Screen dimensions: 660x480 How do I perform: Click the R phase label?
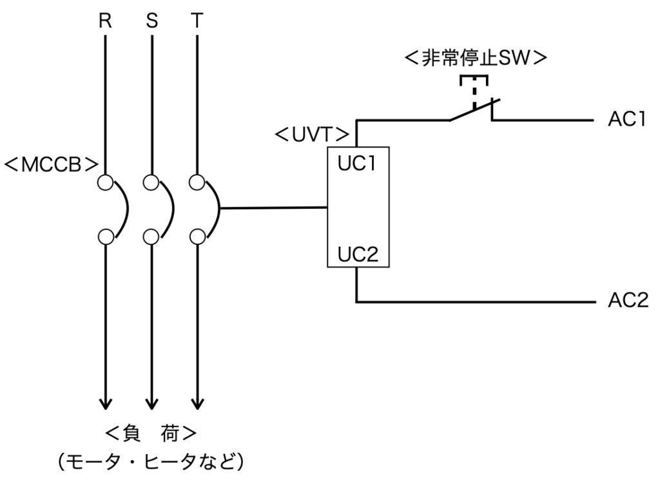click(105, 21)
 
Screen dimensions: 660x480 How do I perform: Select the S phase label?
click(152, 21)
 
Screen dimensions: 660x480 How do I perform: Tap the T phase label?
click(197, 21)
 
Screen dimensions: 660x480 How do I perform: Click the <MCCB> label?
click(51, 166)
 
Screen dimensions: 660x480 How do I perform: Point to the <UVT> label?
click(312, 135)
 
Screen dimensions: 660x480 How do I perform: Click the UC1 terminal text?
click(356, 164)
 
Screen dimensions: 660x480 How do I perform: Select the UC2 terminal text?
click(358, 254)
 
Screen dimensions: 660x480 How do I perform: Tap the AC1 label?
click(626, 119)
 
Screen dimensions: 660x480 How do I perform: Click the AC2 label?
click(628, 300)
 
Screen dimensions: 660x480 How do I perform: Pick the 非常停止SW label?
click(476, 59)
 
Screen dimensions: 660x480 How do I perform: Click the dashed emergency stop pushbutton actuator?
click(474, 90)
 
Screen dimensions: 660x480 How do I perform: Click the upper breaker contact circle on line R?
click(105, 182)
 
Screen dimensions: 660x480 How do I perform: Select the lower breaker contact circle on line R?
click(105, 237)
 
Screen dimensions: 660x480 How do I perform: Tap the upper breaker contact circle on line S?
click(151, 182)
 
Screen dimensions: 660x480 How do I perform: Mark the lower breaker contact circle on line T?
click(197, 237)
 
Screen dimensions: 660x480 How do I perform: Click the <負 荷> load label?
click(150, 434)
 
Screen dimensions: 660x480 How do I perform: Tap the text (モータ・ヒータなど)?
click(151, 461)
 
